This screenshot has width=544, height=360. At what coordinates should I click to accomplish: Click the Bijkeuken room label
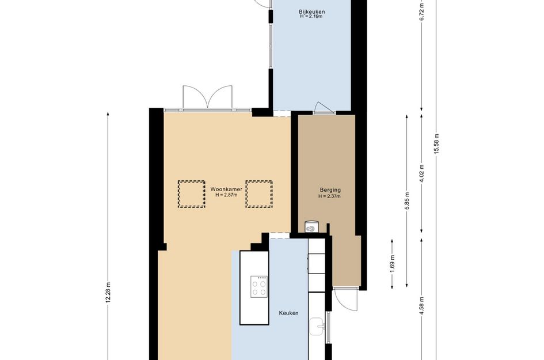[x=312, y=12]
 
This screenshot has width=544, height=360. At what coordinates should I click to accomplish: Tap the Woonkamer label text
[x=226, y=189]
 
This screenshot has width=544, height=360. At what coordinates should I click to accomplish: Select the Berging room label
[x=330, y=190]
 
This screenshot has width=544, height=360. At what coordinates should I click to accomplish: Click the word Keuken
[x=288, y=313]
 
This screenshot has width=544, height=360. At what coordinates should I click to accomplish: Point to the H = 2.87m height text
[x=226, y=195]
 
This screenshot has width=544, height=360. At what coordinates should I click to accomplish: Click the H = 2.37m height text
[x=330, y=196]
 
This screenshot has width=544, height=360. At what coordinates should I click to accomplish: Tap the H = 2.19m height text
[x=311, y=16]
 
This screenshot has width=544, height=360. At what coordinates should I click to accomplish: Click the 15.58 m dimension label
[x=436, y=143]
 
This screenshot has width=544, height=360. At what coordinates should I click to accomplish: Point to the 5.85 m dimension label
[x=407, y=200]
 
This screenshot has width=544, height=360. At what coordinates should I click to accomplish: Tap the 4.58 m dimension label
[x=422, y=306]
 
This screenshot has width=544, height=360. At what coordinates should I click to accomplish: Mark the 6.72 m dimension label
[x=422, y=12]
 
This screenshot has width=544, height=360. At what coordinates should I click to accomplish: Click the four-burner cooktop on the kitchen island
[x=259, y=286]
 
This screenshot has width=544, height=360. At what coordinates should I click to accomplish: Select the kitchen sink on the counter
[x=317, y=327]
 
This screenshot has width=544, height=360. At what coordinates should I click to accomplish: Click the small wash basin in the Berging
[x=311, y=227]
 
